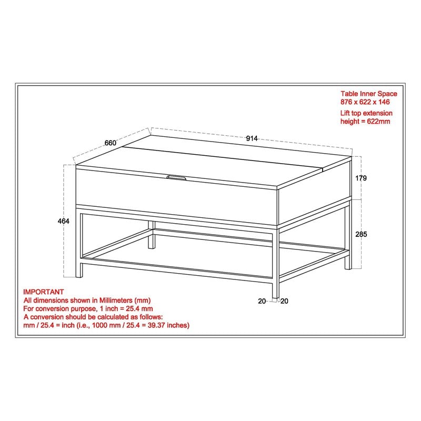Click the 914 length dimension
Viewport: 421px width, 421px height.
[252, 138]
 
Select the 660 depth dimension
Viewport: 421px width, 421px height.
[110, 143]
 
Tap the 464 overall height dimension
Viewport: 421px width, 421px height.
[64, 222]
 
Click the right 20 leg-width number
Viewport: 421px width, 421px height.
[284, 301]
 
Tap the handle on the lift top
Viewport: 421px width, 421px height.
[176, 178]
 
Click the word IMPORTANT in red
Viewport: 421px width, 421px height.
[43, 292]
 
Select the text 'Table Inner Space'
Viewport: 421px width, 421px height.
[368, 94]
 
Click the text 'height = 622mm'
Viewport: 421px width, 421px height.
[365, 121]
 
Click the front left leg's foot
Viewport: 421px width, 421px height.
[81, 275]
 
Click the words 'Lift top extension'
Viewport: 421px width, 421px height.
[366, 113]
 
